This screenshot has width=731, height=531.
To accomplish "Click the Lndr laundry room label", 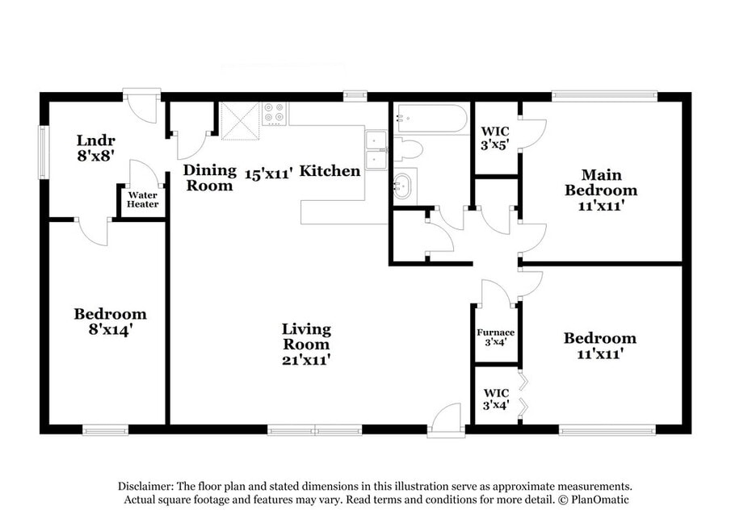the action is click(96, 148).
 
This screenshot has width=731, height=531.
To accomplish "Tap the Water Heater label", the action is click(143, 199).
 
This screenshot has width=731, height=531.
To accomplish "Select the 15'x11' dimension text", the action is click(269, 174).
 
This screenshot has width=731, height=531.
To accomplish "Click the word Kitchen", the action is click(330, 170).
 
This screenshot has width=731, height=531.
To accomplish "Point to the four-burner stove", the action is click(274, 114).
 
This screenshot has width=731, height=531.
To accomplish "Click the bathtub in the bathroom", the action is click(431, 119).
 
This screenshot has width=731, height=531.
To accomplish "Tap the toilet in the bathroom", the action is click(408, 149).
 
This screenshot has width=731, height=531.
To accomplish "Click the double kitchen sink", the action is click(376, 150).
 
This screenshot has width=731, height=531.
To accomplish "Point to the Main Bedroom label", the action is click(602, 190).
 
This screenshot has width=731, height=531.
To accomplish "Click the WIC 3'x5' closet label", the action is click(495, 138).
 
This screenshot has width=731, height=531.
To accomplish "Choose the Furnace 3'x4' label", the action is click(496, 337).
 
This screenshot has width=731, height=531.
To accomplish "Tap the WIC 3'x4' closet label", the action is click(496, 399).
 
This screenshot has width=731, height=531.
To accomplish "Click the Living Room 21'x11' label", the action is click(306, 345).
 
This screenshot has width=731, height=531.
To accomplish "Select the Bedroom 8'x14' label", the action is click(111, 321).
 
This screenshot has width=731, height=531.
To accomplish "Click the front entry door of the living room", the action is click(446, 421).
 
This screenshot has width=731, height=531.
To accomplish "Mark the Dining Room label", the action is click(209, 178).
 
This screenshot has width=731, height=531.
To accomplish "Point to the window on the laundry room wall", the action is click(44, 152).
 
